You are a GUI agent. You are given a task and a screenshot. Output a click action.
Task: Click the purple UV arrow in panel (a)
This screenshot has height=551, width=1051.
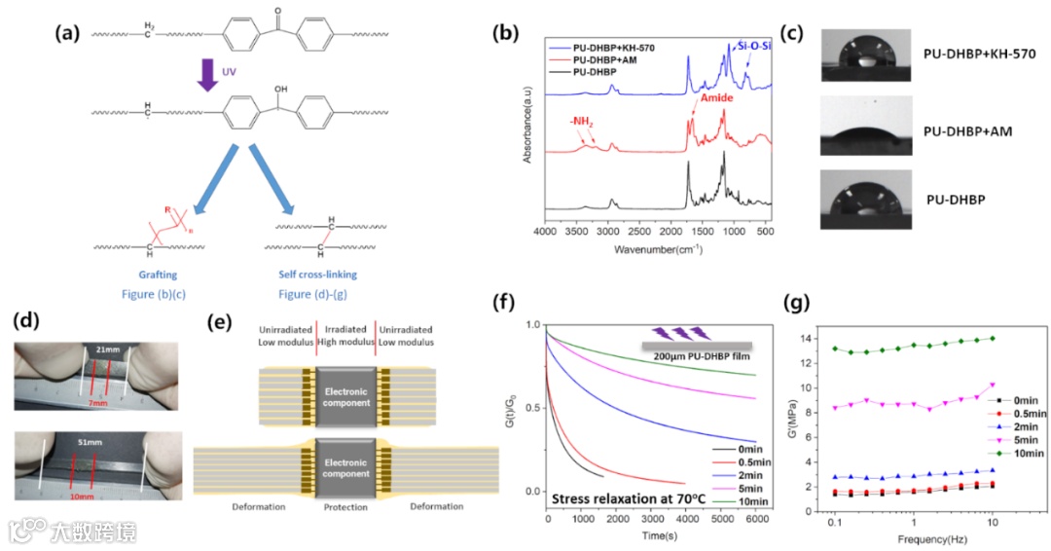[x=206, y=75]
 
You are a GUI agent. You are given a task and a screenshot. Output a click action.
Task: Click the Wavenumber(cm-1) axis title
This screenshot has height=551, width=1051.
[x=659, y=249]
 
